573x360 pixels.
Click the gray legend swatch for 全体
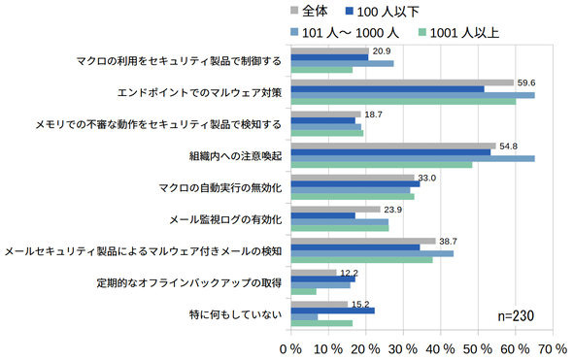(294, 11)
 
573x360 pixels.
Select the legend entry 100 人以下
(383, 12)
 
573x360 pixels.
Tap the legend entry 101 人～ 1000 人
(345, 33)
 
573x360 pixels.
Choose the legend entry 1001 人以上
(458, 33)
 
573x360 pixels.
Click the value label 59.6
(526, 82)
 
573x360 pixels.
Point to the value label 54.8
(508, 147)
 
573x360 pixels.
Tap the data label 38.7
(448, 242)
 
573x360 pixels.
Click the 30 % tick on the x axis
(403, 349)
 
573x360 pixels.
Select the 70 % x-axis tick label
(553, 349)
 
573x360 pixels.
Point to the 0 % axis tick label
(291, 349)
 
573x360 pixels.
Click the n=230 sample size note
(516, 315)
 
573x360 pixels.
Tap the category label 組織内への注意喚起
(235, 156)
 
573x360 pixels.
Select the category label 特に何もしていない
(235, 314)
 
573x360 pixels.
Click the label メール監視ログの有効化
(225, 219)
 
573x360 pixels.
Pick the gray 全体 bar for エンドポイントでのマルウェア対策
(402, 82)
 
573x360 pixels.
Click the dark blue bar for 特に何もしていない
(333, 311)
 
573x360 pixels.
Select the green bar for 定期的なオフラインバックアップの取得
(304, 291)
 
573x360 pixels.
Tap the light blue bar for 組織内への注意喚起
(413, 158)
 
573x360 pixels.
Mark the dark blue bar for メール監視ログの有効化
(323, 215)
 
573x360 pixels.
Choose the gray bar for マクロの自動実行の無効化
(353, 178)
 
